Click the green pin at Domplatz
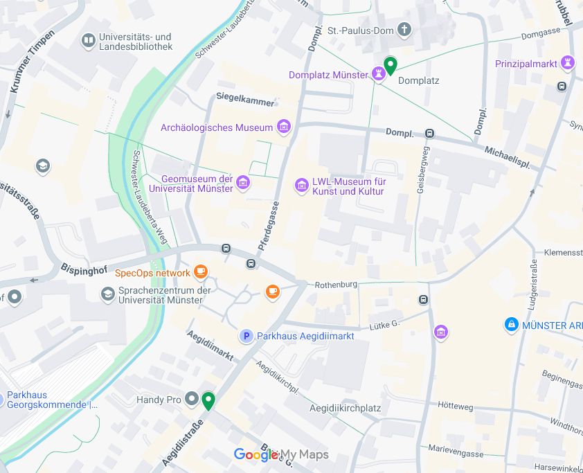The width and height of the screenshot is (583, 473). coord(390,66)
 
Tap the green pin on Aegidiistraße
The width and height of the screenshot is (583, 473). coord(208,400)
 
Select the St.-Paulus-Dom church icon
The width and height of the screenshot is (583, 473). coord(405,30)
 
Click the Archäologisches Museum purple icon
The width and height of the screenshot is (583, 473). coord(283,127)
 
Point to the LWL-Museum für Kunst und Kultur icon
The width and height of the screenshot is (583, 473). coord(301,185)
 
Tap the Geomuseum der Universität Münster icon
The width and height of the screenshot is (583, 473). coord(242,183)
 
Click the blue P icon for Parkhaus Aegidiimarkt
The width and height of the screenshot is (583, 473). coord(245,336)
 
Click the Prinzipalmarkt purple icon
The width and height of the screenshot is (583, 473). coord(568,63)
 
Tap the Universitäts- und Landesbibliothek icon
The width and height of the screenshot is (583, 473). coord(88,41)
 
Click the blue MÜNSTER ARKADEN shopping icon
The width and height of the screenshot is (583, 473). coord(511,324)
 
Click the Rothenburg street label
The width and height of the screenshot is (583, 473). coord(336,285)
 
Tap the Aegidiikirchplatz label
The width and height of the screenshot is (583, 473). coord(346,408)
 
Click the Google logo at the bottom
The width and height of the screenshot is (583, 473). coord(255,455)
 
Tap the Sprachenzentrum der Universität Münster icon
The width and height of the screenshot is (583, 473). coord(107,294)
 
